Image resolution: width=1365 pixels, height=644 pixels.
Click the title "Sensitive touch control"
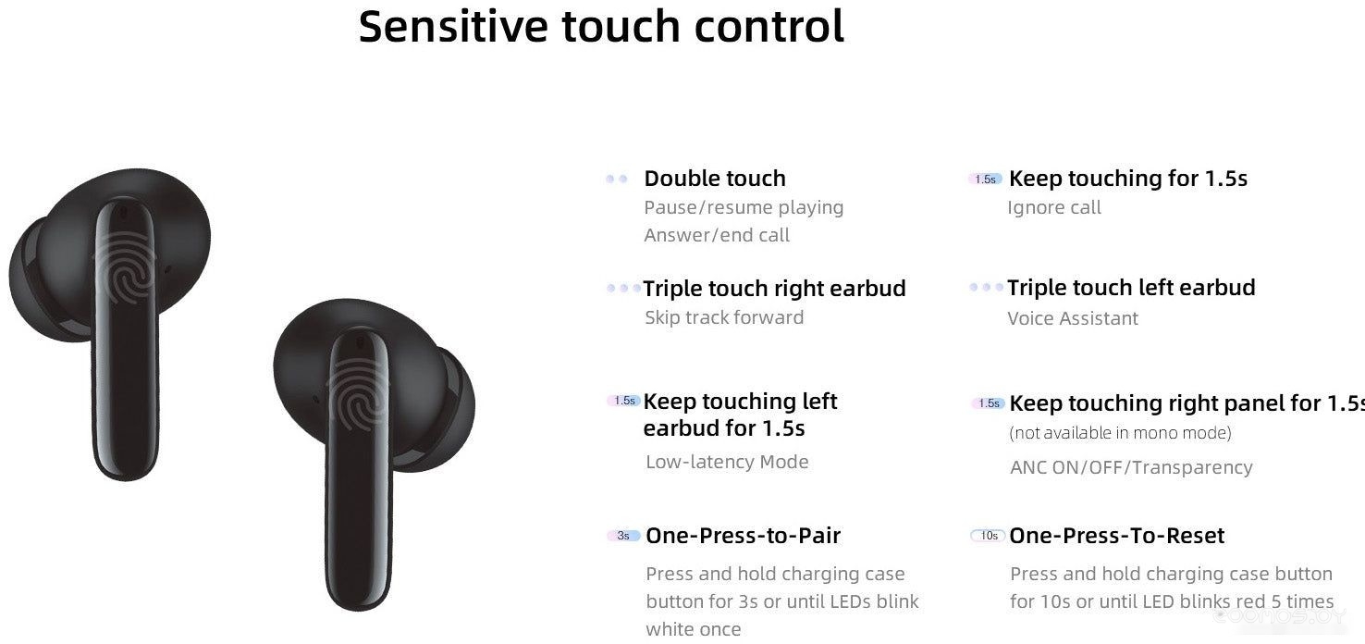point(601,26)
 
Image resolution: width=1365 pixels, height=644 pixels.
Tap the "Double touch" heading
point(715,178)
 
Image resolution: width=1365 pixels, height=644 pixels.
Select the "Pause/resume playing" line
point(744,207)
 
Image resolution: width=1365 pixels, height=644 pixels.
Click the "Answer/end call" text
point(717,235)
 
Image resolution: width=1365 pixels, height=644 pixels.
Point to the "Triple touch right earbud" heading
point(774,288)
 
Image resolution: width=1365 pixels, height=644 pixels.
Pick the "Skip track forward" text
point(724,317)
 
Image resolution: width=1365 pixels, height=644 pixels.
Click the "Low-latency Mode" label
point(727,462)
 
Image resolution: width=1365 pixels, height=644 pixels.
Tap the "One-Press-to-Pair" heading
point(743,536)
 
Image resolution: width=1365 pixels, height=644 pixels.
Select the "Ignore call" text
point(1054,207)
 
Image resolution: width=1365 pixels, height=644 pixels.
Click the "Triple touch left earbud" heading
point(1131,287)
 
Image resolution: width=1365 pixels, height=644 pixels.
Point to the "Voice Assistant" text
point(1073,317)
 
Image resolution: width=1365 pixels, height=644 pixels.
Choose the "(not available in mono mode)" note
point(1120,433)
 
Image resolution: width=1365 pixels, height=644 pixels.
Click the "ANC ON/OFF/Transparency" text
point(1132,467)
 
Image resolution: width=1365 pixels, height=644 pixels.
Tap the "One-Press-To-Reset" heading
point(1116,536)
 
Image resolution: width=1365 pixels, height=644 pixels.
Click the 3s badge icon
point(623,536)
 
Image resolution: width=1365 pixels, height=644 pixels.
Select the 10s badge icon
point(987,536)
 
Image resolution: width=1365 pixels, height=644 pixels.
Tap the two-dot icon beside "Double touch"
point(617,179)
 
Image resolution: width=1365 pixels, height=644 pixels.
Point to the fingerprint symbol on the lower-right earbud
point(357,393)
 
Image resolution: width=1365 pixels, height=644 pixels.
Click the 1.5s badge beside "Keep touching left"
point(624,401)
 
